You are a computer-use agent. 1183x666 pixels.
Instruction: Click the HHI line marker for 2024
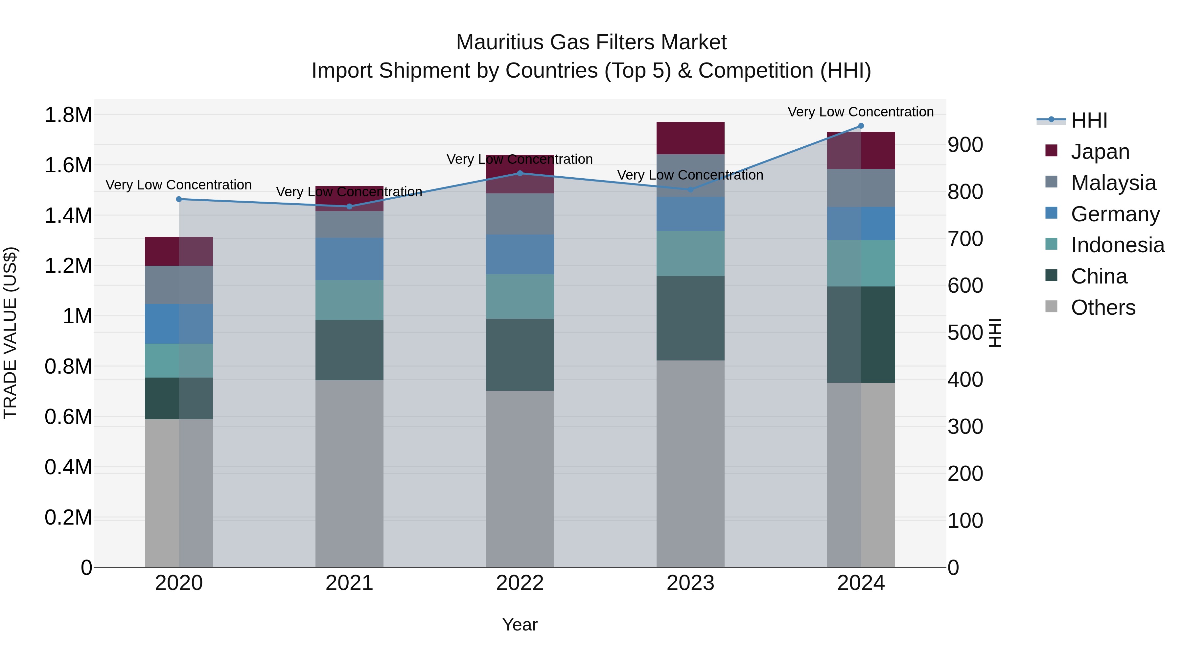click(x=861, y=126)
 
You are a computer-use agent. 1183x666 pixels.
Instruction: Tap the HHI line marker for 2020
click(x=179, y=199)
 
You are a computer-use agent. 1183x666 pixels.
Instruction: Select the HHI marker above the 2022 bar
click(x=520, y=173)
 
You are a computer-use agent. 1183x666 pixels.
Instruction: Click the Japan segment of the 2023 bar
click(x=690, y=138)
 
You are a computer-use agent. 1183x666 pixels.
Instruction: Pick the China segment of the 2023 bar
click(x=690, y=318)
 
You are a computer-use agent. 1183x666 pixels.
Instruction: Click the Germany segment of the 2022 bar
click(x=520, y=255)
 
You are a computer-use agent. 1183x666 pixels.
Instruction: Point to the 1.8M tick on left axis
click(x=68, y=115)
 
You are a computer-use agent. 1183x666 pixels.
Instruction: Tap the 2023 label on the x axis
click(x=690, y=583)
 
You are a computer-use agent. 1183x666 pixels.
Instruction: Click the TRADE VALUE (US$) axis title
click(x=10, y=333)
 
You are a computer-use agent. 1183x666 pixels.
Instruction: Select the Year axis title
click(x=520, y=625)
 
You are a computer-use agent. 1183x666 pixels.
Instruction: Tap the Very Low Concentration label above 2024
click(x=861, y=112)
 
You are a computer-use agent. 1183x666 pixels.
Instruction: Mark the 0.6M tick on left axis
click(x=68, y=417)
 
